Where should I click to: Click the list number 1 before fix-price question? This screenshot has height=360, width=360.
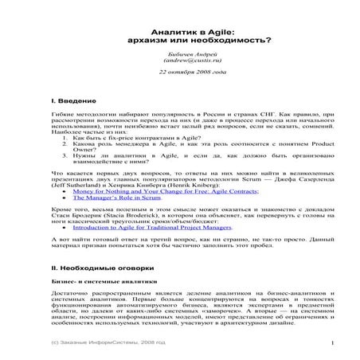(65, 137)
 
